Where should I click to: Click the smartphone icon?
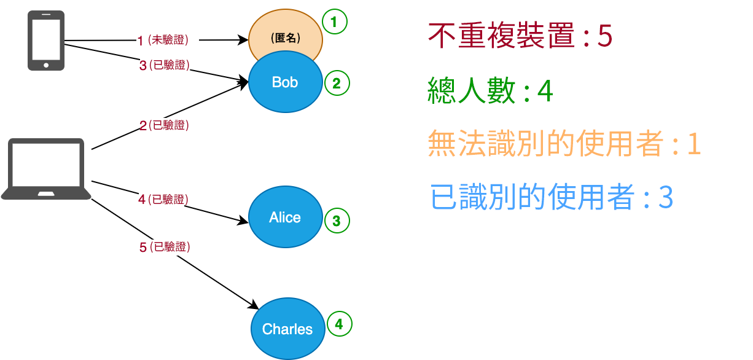(x=46, y=41)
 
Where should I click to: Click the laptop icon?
(x=46, y=169)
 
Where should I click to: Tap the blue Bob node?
(x=285, y=82)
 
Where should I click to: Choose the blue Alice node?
(x=285, y=217)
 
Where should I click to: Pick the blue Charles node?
(x=287, y=329)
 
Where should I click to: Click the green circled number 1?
(x=334, y=23)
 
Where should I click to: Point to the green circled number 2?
(x=336, y=84)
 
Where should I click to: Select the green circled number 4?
(x=340, y=324)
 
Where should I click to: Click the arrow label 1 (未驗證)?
(x=163, y=41)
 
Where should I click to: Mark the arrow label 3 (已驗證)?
(x=164, y=65)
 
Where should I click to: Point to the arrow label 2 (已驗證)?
(x=164, y=125)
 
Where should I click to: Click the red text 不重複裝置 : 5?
(x=520, y=37)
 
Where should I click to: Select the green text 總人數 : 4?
(x=490, y=92)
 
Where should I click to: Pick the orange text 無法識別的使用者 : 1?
(x=564, y=144)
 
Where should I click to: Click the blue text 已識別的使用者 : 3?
(x=552, y=198)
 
